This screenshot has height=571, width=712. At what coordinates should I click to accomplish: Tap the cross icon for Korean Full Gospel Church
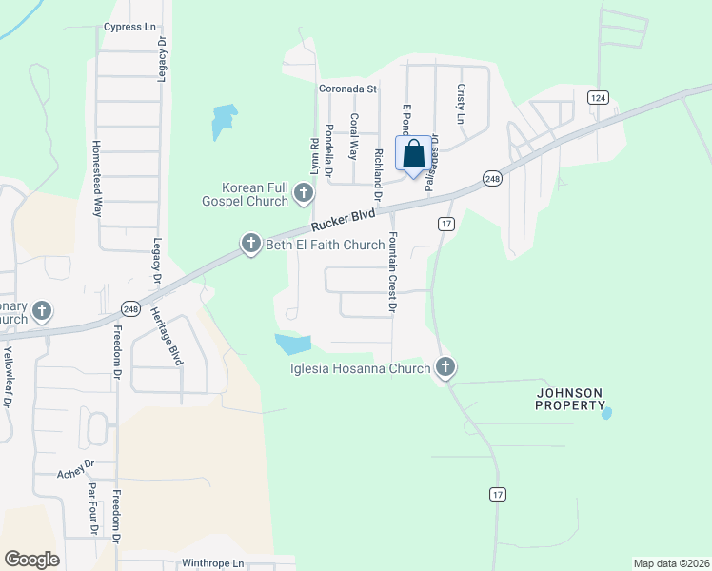(x=304, y=194)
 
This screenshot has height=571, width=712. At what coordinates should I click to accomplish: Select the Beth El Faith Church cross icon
(x=251, y=245)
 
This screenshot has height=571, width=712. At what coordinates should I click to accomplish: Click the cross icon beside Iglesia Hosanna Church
(x=445, y=367)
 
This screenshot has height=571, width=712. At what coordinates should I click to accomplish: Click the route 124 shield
(x=598, y=98)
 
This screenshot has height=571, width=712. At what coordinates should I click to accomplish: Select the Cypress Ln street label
(x=129, y=27)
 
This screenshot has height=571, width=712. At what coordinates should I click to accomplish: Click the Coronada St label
(x=348, y=89)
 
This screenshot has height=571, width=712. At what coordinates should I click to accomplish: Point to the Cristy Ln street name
(x=461, y=104)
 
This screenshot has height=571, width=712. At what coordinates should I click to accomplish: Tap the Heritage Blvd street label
(x=175, y=342)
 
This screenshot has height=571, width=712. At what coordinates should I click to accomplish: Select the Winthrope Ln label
(x=213, y=563)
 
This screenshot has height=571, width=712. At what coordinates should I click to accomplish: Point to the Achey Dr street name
(x=76, y=468)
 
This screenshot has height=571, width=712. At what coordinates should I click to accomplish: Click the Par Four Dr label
(x=93, y=509)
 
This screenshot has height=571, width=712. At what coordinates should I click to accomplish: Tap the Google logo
(x=31, y=560)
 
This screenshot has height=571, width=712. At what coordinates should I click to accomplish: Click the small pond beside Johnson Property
(x=606, y=413)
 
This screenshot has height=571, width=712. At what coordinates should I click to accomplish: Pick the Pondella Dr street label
(x=328, y=152)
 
